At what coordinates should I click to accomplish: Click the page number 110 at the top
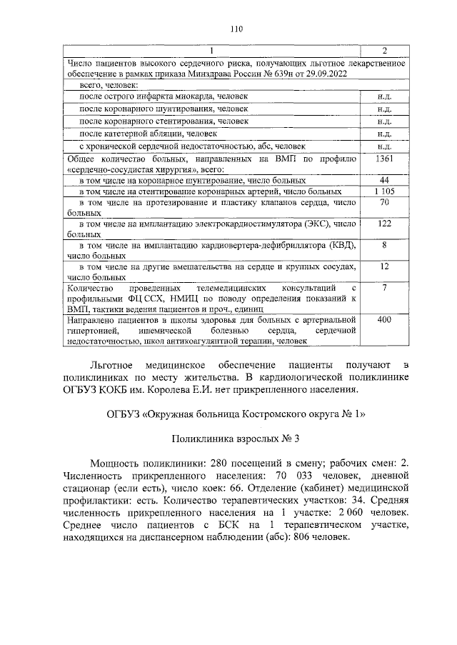point(237,29)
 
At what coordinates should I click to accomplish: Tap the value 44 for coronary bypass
point(384,181)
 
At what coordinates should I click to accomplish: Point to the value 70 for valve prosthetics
point(384,203)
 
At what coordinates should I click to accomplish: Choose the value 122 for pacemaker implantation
point(384,224)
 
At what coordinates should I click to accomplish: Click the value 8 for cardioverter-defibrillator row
point(384,245)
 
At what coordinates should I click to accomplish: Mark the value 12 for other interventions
point(384,266)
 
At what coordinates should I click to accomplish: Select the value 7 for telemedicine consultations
point(384,288)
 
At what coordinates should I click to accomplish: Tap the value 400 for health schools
point(384,320)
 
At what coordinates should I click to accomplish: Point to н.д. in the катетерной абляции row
point(384,133)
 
